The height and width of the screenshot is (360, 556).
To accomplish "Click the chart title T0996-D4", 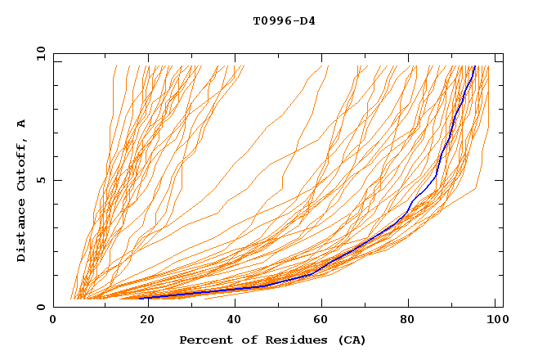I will tap(284, 20).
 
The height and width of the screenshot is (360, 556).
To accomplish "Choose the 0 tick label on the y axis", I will tap(40, 307).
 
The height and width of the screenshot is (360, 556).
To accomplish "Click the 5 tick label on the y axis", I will tap(40, 180).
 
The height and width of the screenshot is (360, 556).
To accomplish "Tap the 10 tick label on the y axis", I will tap(38, 52).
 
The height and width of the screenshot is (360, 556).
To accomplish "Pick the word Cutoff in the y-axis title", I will tap(21, 167).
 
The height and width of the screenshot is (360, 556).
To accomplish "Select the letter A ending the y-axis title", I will tap(21, 123).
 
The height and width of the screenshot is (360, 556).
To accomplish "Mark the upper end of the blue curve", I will tap(474, 66).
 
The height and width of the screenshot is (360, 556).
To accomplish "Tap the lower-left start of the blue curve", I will tap(140, 299).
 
